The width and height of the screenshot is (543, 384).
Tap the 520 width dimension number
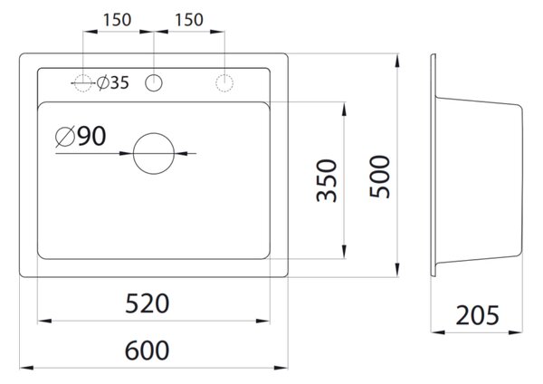click(147, 303)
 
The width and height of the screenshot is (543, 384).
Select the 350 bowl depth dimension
click(327, 180)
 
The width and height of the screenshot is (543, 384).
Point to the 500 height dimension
click(379, 177)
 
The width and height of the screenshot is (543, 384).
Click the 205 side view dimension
click(477, 315)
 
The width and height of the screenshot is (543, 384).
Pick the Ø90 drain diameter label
click(81, 136)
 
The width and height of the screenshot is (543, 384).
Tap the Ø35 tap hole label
click(113, 82)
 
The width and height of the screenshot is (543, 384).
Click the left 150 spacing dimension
click(117, 20)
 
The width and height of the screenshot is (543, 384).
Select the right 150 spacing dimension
click(189, 20)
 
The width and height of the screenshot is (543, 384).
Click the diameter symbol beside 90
click(65, 137)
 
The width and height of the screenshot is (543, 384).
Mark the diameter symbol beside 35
click(103, 82)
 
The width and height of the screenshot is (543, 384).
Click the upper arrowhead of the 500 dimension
click(397, 62)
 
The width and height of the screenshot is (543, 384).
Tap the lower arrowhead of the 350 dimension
click(344, 251)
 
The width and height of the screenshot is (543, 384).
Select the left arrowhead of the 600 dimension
click(26, 368)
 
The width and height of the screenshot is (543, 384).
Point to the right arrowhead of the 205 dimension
click(515, 332)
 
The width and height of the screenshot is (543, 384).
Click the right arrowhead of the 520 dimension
click(262, 321)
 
